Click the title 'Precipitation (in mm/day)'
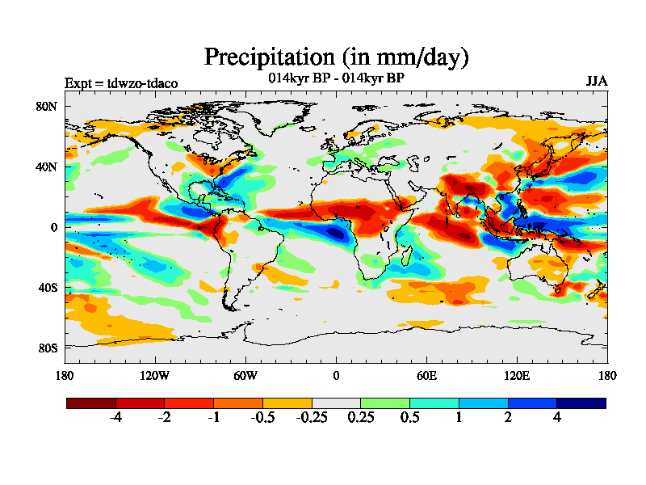click(336, 57)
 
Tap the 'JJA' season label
click(597, 82)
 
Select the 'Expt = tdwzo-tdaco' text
click(121, 83)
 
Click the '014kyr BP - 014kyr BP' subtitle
click(336, 78)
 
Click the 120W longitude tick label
click(155, 375)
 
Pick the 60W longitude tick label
click(245, 375)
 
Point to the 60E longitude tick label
click(426, 375)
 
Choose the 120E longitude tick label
click(517, 375)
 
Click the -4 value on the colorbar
click(115, 418)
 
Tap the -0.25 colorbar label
click(312, 418)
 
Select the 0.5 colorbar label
click(409, 418)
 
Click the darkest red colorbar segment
click(91, 403)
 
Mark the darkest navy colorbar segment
click(581, 403)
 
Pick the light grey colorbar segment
click(336, 403)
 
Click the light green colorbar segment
click(385, 403)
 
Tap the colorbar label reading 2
click(508, 418)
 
